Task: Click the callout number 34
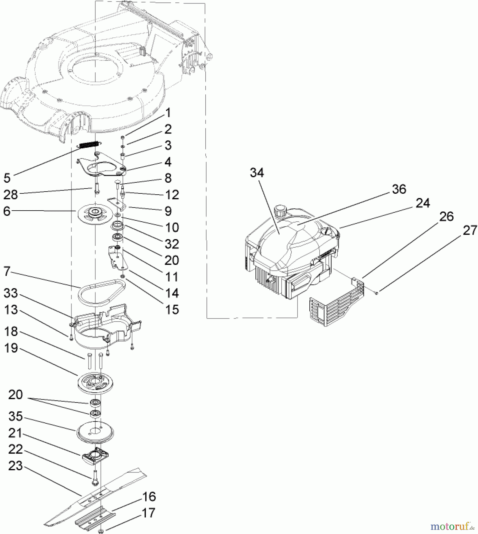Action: coord(257,172)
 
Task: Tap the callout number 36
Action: coord(399,189)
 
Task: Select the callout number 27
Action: coord(470,231)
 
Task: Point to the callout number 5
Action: coord(7,178)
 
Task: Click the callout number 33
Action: coord(11,293)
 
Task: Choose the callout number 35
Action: coord(15,416)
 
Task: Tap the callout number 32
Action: coord(172,244)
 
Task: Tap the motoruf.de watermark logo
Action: coord(452,527)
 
